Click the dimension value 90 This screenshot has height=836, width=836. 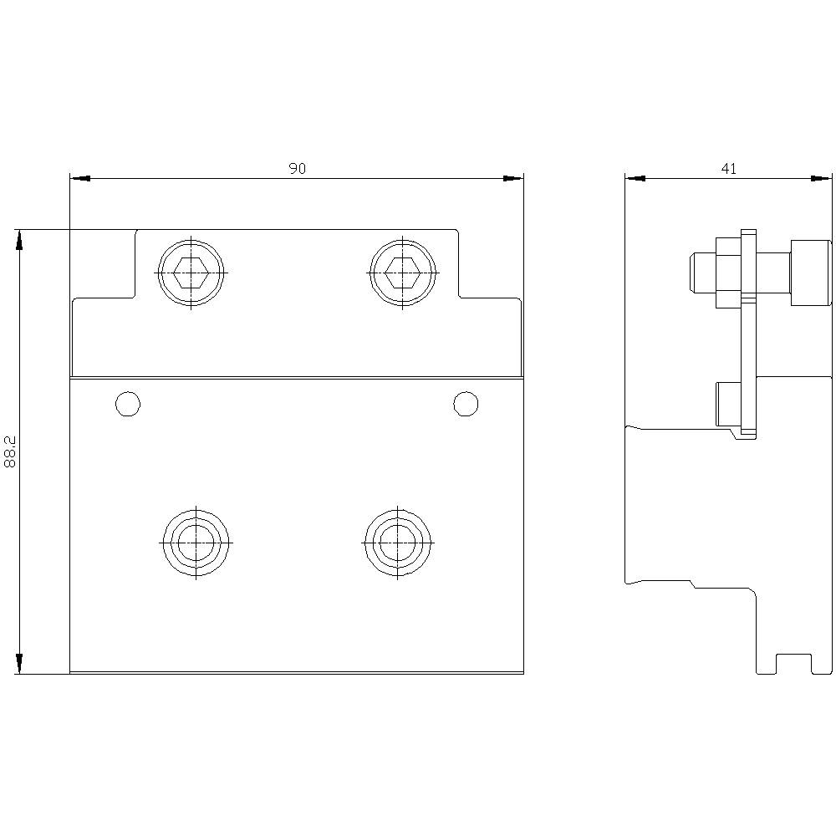(x=298, y=169)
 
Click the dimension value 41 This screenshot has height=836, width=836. (x=729, y=169)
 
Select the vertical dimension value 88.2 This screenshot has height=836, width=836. (x=10, y=451)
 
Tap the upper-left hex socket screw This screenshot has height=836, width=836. (x=191, y=273)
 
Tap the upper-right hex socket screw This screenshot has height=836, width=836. (x=403, y=273)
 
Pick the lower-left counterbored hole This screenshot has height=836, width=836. (x=196, y=543)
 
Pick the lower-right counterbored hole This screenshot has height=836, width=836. (x=398, y=543)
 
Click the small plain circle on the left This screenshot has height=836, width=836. (x=128, y=404)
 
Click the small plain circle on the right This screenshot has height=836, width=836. (x=466, y=404)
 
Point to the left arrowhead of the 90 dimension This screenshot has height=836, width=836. (x=80, y=179)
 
